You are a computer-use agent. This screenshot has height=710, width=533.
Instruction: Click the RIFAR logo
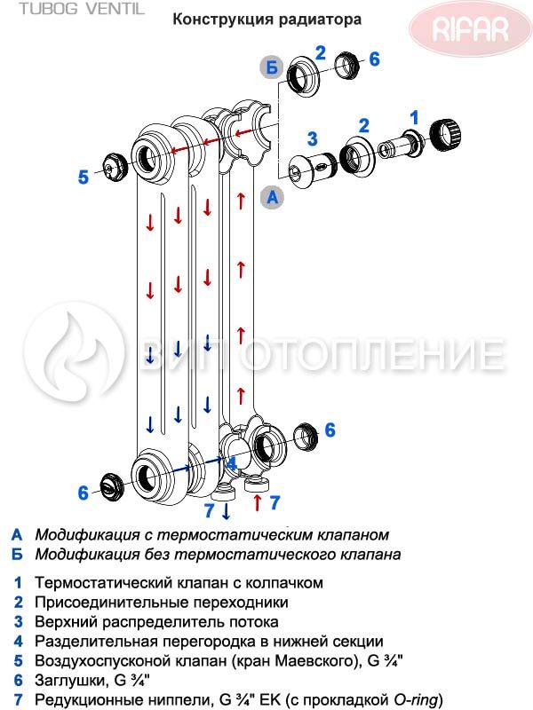click(x=471, y=29)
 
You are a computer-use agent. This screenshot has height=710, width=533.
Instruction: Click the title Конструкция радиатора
click(x=267, y=20)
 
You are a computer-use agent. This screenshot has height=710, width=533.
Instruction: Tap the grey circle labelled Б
click(x=272, y=68)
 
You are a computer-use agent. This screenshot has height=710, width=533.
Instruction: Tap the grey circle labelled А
click(x=272, y=197)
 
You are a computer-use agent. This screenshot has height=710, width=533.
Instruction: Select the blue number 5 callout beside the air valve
click(x=83, y=177)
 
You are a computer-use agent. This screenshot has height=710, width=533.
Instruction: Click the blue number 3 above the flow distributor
click(x=312, y=139)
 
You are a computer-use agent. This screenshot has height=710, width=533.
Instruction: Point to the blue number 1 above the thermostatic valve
click(x=414, y=118)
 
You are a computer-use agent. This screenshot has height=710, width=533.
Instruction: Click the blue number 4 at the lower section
click(x=231, y=463)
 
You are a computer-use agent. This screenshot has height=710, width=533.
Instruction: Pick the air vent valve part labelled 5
click(x=114, y=166)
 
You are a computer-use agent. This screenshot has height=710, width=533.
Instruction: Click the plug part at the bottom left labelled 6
click(x=112, y=487)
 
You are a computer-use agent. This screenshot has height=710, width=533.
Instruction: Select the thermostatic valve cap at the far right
click(x=445, y=134)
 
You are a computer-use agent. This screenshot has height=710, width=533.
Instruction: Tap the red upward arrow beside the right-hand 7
click(x=258, y=502)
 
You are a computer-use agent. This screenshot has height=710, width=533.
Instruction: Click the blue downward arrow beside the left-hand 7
click(x=226, y=511)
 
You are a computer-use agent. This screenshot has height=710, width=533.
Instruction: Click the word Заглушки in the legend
click(x=69, y=681)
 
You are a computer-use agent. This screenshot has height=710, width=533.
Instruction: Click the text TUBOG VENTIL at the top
click(x=82, y=9)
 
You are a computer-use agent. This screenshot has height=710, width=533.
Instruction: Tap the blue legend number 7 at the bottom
click(x=18, y=700)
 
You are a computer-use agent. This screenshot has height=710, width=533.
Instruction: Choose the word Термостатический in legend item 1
click(x=99, y=582)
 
